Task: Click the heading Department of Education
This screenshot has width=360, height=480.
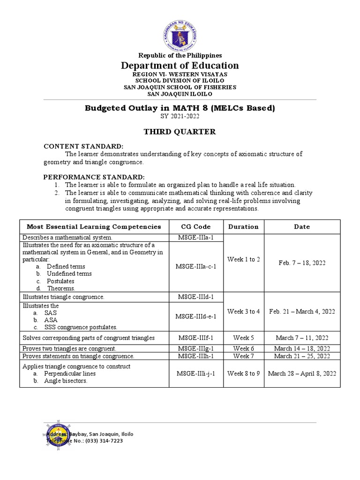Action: tap(180, 66)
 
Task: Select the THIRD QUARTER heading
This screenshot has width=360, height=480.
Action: tap(180, 132)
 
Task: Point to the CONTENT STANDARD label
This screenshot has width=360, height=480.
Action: tap(83, 146)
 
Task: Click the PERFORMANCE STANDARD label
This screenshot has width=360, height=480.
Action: tap(94, 177)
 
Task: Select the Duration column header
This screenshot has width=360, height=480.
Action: tap(243, 226)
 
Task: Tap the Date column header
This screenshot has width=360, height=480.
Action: tap(302, 226)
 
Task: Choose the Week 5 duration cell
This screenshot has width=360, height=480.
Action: tap(243, 338)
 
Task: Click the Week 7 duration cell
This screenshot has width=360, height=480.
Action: tap(243, 356)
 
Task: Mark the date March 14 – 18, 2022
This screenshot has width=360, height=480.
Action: tap(302, 348)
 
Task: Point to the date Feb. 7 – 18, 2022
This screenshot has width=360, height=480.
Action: tap(302, 263)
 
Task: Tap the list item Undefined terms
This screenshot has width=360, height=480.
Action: tap(69, 273)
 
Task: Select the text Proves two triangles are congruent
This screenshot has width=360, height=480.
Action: tap(69, 348)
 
